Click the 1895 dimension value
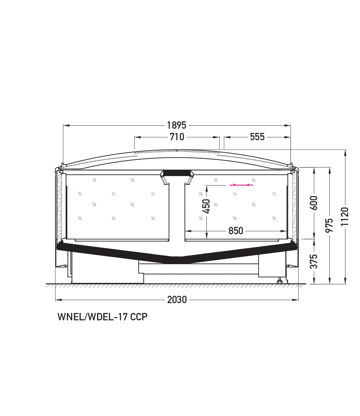[177, 125]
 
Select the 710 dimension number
[177, 137]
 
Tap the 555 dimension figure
[257, 137]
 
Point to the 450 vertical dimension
[207, 206]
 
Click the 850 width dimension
[236, 231]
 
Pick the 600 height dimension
[314, 203]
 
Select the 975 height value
[330, 225]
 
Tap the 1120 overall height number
[345, 216]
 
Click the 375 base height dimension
[314, 261]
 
